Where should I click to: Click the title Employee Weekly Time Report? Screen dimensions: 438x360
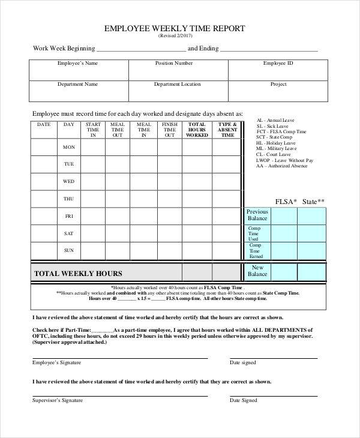[175, 28]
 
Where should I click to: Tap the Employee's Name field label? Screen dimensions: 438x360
[77, 63]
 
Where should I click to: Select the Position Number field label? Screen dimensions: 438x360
[174, 63]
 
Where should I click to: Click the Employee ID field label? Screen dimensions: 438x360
[278, 63]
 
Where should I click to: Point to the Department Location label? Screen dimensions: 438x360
[177, 85]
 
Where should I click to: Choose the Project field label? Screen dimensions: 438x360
[278, 85]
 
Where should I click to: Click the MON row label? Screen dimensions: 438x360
[69, 147]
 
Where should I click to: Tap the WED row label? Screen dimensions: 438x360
[69, 181]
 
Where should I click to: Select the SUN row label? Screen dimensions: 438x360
[69, 250]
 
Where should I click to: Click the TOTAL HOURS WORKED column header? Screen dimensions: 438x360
[197, 130]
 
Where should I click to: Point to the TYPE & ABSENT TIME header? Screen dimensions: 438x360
[228, 130]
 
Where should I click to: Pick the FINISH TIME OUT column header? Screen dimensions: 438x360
[170, 130]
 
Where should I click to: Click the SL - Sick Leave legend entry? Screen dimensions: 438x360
[272, 126]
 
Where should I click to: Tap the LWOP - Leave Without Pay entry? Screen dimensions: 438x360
[284, 160]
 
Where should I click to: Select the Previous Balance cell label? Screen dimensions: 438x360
[257, 215]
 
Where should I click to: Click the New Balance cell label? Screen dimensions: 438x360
[257, 271]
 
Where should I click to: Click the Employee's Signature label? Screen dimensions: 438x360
[56, 363]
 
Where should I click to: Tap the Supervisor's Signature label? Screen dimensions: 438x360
[57, 400]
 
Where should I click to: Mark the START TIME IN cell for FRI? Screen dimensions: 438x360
[93, 216]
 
